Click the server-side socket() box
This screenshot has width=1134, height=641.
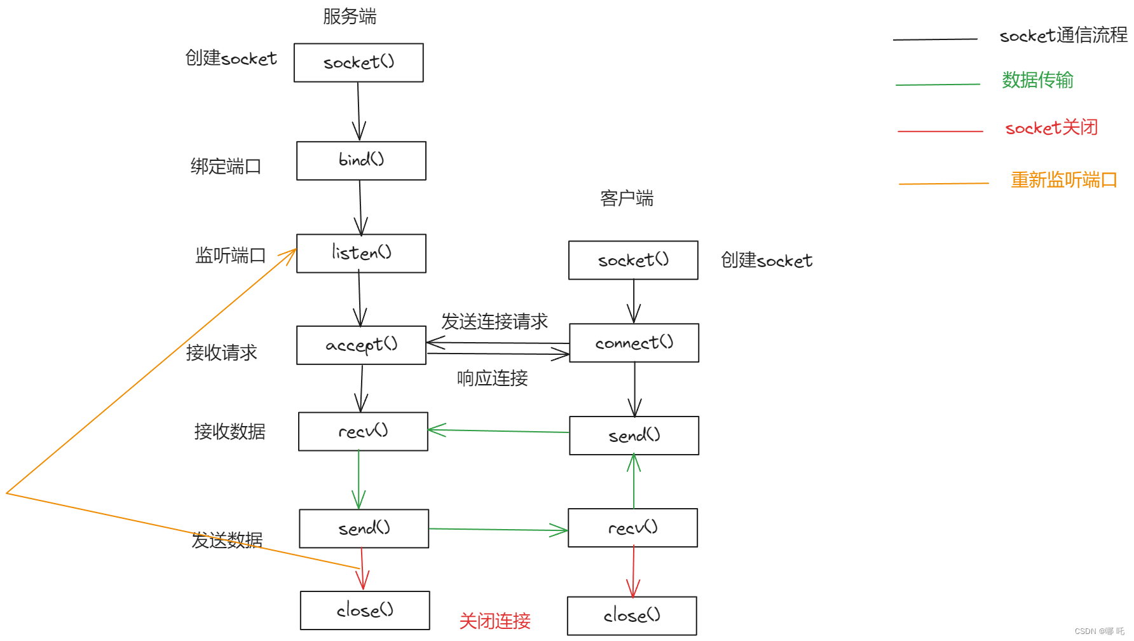(x=359, y=62)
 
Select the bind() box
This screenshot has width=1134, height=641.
(x=361, y=160)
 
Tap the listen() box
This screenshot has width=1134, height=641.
(x=361, y=253)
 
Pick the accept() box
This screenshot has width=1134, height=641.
(x=361, y=345)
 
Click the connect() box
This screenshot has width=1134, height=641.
(x=634, y=343)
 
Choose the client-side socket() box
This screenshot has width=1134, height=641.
(x=633, y=260)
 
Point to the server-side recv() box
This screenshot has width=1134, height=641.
(x=363, y=431)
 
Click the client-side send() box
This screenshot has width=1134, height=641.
(x=634, y=436)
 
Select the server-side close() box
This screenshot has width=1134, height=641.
(x=365, y=610)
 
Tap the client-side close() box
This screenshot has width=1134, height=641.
(x=632, y=616)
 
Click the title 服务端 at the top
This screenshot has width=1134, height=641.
(x=350, y=17)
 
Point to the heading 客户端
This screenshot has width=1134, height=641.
(x=627, y=198)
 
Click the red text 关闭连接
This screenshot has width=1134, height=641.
(x=495, y=621)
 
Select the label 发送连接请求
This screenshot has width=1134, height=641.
(x=495, y=322)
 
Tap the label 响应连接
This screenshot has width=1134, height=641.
(x=492, y=378)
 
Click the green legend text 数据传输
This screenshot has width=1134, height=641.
(x=1037, y=80)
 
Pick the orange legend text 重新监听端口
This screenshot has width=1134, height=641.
(x=1063, y=180)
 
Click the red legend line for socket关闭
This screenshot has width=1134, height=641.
(x=940, y=131)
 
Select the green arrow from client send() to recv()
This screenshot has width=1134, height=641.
(x=499, y=431)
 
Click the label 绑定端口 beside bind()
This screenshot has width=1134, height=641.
(x=226, y=167)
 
